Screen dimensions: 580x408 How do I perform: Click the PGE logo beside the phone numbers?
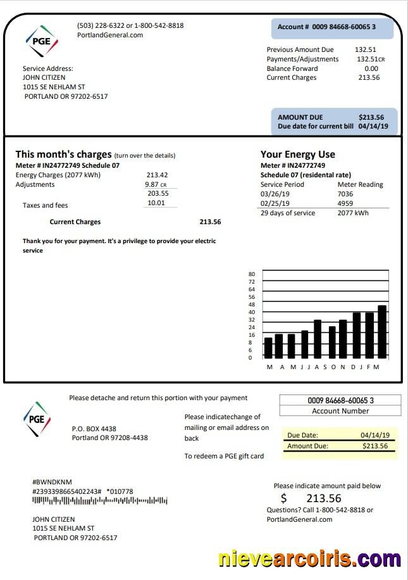42,41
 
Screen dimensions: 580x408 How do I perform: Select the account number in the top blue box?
326,27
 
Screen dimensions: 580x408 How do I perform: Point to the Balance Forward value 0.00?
371,68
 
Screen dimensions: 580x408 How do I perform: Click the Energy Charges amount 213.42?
157,175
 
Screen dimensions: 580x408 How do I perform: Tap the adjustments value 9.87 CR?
155,184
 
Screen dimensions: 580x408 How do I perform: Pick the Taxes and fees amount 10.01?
156,203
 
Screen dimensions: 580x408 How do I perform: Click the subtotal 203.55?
158,194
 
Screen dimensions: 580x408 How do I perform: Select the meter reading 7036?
345,194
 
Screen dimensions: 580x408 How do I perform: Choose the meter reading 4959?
345,203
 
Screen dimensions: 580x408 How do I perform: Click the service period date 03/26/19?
275,194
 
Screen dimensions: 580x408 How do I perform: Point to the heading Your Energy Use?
297,154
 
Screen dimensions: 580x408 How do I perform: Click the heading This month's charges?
63,154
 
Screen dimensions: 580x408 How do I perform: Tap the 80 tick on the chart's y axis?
251,274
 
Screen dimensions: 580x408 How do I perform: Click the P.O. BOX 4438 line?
94,429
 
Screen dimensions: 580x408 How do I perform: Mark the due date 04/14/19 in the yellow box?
375,435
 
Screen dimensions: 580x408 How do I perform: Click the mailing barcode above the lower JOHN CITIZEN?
100,501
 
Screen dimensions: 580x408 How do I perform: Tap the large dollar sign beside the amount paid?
284,498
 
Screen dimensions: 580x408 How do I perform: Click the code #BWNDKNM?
53,482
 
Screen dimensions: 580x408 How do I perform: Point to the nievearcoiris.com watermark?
309,559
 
